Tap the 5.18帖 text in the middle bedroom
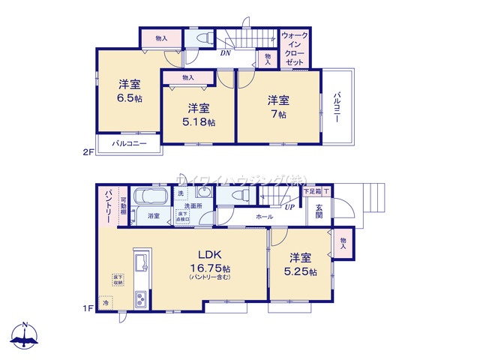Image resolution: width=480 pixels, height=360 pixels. (200, 121)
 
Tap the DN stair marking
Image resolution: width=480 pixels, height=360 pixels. (225, 53)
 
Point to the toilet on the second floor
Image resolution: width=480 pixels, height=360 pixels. (202, 37)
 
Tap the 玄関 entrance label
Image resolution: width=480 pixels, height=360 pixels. (319, 212)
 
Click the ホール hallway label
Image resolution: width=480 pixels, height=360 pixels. (263, 216)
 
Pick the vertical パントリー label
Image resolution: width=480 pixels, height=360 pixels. (107, 204)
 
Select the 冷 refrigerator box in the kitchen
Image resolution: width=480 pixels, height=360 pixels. (106, 304)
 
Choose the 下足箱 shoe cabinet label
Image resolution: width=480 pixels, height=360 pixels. (311, 192)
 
